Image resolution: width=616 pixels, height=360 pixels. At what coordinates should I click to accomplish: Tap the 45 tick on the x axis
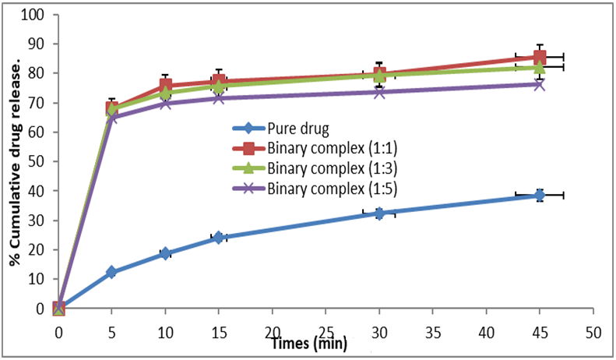[x=540, y=330]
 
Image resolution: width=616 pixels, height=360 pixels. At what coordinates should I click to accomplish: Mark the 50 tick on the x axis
[x=593, y=330]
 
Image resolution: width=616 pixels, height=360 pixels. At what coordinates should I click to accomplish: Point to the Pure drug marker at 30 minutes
[x=379, y=213]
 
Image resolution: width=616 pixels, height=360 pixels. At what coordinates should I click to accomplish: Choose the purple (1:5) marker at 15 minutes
[x=219, y=97]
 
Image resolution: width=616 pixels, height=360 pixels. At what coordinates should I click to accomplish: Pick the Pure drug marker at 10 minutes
[x=165, y=253]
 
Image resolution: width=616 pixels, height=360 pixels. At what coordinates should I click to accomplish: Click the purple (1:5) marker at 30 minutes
[x=379, y=92]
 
